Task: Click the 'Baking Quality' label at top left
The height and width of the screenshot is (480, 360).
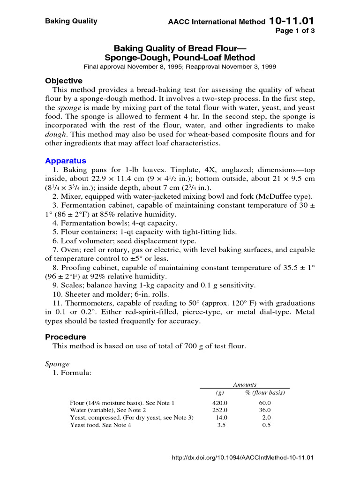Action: coord(71,21)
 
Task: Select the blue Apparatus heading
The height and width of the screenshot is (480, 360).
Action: coord(66,160)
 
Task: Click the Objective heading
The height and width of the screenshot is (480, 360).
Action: coord(64,81)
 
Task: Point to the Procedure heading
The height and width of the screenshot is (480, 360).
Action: coord(66,337)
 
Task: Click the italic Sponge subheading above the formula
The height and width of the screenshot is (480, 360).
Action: coord(57,364)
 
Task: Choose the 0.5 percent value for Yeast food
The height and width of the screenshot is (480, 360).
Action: coord(266,425)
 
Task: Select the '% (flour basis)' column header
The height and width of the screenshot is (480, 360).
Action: coord(265,393)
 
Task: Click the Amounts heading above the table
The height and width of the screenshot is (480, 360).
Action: coord(245,384)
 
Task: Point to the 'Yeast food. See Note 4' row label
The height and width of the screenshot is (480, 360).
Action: coord(100,425)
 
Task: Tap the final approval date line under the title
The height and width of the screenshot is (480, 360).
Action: coord(180,67)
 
